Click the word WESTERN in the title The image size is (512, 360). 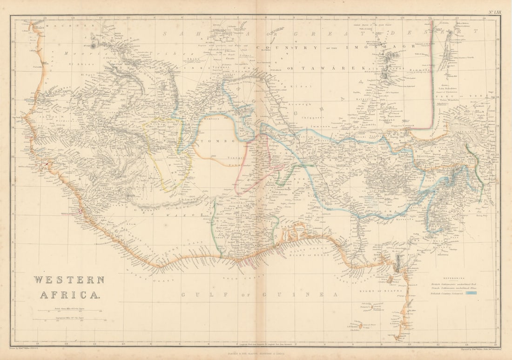point(68,280)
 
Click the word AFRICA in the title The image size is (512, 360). point(69,294)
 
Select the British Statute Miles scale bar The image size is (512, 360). point(68,311)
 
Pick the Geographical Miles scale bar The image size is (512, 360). point(68,319)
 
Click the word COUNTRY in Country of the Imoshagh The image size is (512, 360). point(285,48)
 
